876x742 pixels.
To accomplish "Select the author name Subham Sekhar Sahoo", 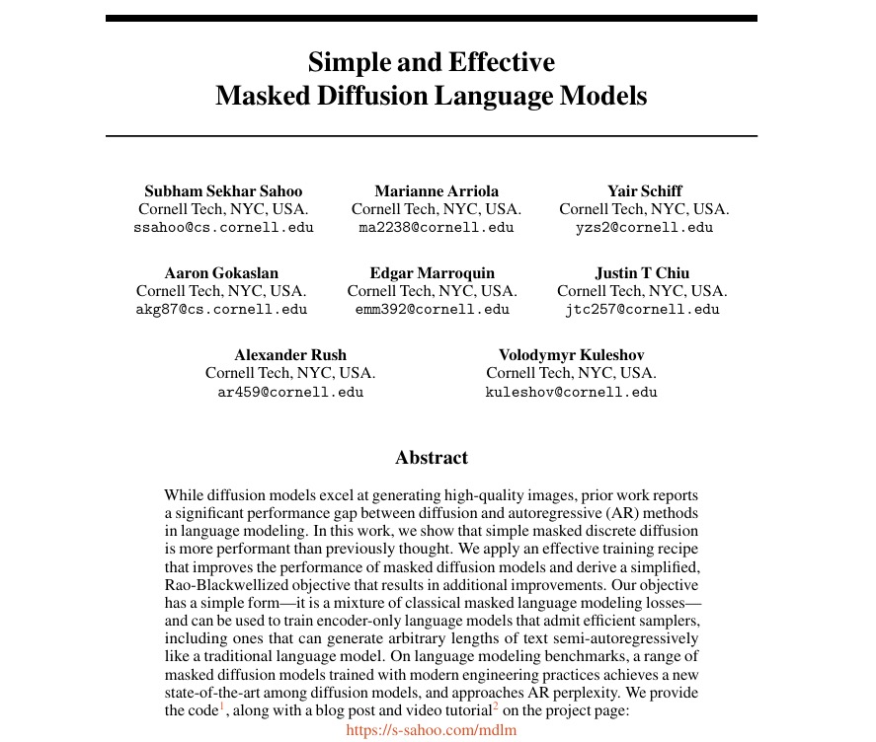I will click(223, 190).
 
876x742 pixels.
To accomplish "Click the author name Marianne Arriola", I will click(437, 190).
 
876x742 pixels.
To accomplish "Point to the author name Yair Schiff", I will click(644, 190).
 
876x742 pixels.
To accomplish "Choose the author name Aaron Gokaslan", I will click(221, 272).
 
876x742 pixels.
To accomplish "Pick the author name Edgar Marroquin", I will click(433, 272).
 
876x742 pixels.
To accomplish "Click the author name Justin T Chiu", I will click(642, 272).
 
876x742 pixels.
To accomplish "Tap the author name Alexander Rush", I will click(290, 354).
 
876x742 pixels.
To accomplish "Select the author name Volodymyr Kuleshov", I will click(571, 354).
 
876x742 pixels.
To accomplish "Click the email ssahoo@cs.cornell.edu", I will click(223, 227).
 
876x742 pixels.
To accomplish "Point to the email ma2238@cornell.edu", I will click(437, 227).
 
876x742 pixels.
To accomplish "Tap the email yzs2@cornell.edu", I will click(644, 227).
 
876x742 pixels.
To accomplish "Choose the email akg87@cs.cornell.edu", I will click(221, 309).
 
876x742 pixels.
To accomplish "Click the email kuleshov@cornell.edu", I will click(571, 391).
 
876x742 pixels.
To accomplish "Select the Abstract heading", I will click(432, 457).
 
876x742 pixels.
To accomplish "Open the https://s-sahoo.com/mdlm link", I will click(432, 730).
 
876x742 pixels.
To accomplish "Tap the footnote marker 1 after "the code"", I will click(223, 705).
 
